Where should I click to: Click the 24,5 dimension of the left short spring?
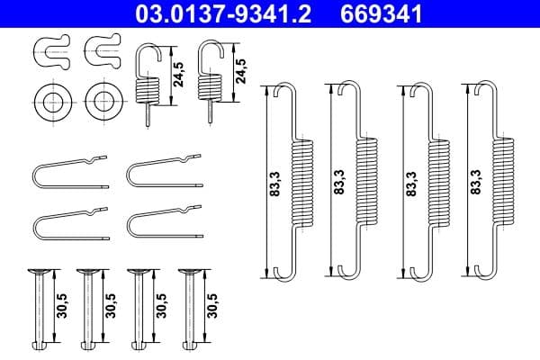(180, 71)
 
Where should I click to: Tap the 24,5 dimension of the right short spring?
(240, 71)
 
